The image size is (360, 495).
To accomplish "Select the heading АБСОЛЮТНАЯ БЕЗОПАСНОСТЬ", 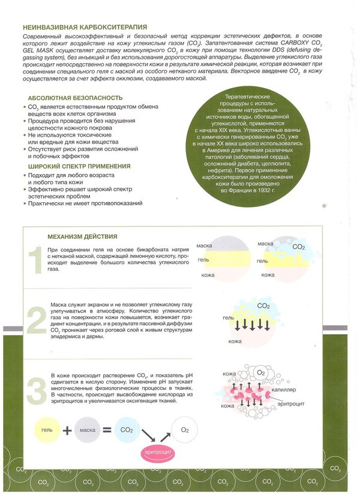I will (x=75, y=98).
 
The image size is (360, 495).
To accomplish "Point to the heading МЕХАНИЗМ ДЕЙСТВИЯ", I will (x=86, y=236).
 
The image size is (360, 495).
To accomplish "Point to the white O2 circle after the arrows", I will (x=185, y=431).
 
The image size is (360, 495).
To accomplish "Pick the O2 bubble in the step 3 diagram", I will (x=261, y=374).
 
